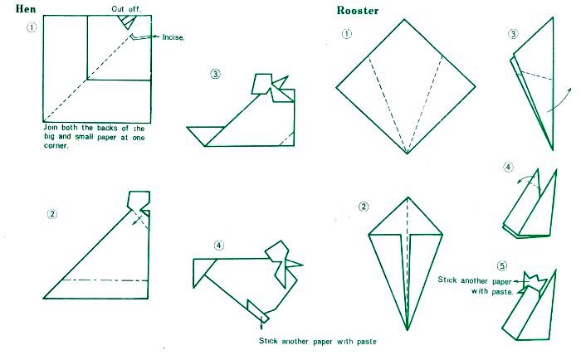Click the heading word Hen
(x=26, y=9)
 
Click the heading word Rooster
(x=358, y=11)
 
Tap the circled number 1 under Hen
(x=32, y=27)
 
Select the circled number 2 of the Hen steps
(x=52, y=214)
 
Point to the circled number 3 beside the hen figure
(x=215, y=74)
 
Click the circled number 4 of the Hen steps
(x=219, y=246)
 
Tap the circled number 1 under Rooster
(x=346, y=34)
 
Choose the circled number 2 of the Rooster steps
(x=364, y=207)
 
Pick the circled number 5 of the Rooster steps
(x=501, y=265)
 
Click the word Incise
(x=173, y=37)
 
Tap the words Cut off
(x=126, y=9)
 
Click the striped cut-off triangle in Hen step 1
(x=126, y=22)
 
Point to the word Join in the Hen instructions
(x=51, y=128)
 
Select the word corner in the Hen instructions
(x=56, y=145)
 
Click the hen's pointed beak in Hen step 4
(x=295, y=265)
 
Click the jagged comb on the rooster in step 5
(x=535, y=281)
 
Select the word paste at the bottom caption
(x=367, y=342)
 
